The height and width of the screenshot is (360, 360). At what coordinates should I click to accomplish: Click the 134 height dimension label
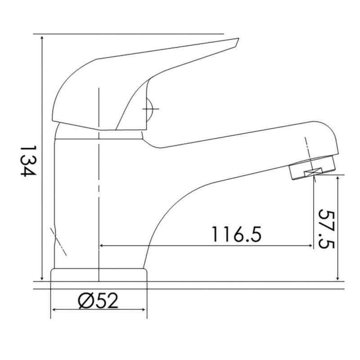[x=28, y=161]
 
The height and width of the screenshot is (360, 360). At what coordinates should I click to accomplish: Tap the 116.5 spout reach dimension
[x=237, y=234]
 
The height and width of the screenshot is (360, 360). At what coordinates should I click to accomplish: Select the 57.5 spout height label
[x=327, y=229]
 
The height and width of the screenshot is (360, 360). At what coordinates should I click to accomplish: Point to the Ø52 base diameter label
[x=98, y=301]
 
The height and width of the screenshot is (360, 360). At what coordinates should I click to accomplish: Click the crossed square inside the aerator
[x=313, y=172]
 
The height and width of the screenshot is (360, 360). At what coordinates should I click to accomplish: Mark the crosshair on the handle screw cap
[x=151, y=109]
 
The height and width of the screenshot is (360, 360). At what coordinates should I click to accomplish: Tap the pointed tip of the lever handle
[x=238, y=39]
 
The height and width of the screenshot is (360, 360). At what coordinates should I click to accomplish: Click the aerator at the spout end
[x=313, y=167]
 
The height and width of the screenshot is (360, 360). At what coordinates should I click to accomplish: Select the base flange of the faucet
[x=99, y=275]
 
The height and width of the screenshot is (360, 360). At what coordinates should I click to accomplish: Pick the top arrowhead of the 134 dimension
[x=42, y=38]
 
